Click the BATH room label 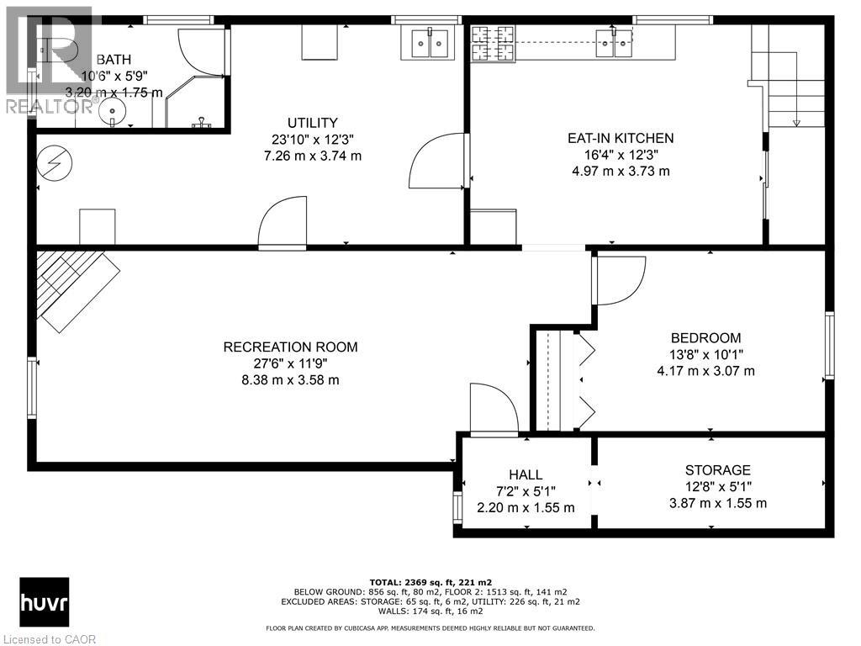pos(114,59)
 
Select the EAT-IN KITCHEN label pos(621,138)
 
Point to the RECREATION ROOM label pos(290,347)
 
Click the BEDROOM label pos(705,338)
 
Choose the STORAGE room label pos(717,470)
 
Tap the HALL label pos(526,474)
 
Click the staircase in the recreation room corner pos(76,286)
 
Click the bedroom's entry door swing pos(618,279)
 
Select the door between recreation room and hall pos(494,410)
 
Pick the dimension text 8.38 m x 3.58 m pos(290,379)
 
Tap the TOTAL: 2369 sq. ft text pos(430,581)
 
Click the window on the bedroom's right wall pos(830,345)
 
